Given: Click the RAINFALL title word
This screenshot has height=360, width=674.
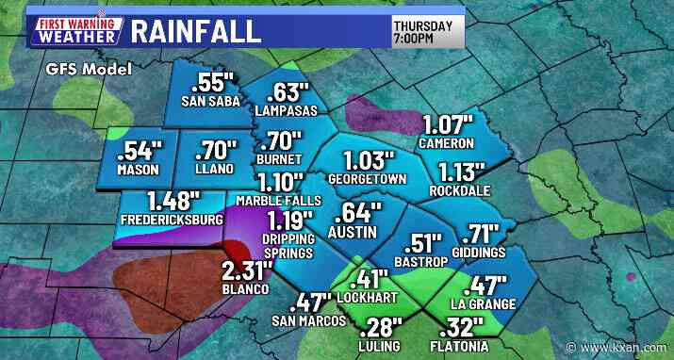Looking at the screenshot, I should [x=195, y=30].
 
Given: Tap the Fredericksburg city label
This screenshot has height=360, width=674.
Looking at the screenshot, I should [x=173, y=220].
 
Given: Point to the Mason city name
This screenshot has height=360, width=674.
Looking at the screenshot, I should [x=139, y=170].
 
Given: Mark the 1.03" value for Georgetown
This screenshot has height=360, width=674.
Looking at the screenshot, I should [x=366, y=159].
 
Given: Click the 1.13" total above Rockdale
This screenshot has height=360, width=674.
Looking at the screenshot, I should [x=462, y=171].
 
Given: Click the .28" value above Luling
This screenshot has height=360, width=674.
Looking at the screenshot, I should [x=381, y=327].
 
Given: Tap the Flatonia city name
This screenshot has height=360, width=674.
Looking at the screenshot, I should [x=464, y=346].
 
